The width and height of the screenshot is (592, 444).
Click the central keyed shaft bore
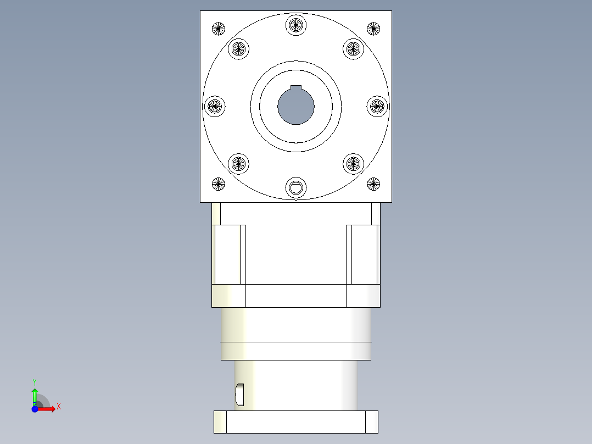(x=296, y=106)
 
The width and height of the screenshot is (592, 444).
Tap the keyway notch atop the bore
(x=296, y=88)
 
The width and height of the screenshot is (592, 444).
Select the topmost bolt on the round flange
(x=296, y=25)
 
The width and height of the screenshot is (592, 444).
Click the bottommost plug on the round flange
(x=296, y=188)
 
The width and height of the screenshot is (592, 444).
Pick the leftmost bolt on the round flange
(x=215, y=106)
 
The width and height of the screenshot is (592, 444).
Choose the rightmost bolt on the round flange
(x=377, y=106)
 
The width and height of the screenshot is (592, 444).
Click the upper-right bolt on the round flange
(x=354, y=49)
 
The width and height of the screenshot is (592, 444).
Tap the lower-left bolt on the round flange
(x=238, y=163)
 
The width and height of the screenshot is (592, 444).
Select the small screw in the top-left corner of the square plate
(x=219, y=29)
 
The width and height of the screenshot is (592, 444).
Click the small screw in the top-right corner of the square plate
(x=373, y=29)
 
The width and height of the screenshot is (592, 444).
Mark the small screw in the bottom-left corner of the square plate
(x=219, y=184)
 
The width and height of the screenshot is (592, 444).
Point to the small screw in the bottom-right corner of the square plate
(x=373, y=184)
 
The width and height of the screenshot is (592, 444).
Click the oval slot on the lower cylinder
(x=239, y=393)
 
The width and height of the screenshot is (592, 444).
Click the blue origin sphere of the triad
(x=35, y=409)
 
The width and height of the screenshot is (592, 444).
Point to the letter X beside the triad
(x=58, y=407)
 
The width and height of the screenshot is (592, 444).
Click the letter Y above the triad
(x=34, y=381)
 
